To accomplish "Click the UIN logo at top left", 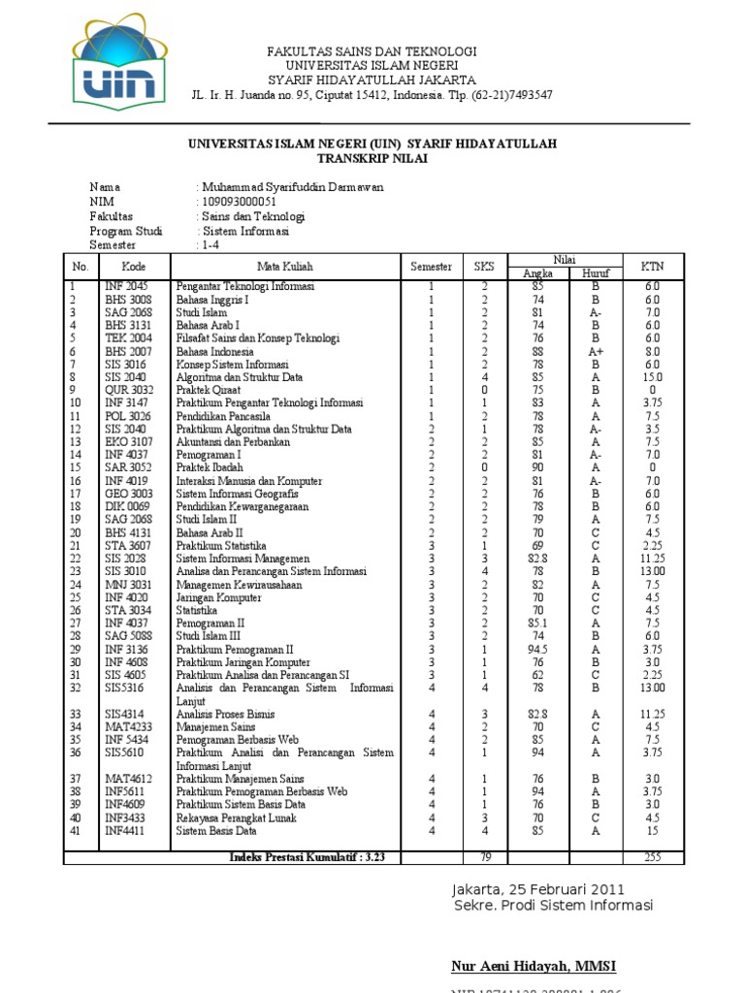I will pyautogui.click(x=113, y=66).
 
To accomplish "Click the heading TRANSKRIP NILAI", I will pyautogui.click(x=372, y=158).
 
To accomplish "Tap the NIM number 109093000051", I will pyautogui.click(x=244, y=202).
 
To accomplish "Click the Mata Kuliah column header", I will pyautogui.click(x=285, y=267).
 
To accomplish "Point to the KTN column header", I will pyautogui.click(x=652, y=267).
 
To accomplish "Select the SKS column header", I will pyautogui.click(x=483, y=267).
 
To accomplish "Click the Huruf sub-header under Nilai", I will pyautogui.click(x=595, y=274).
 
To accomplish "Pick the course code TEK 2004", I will pyautogui.click(x=128, y=339).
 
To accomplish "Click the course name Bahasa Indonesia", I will pyautogui.click(x=213, y=352).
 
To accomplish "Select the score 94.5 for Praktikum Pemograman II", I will pyautogui.click(x=537, y=650).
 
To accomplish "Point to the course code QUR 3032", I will pyautogui.click(x=129, y=391).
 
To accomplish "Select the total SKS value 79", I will pyautogui.click(x=483, y=857).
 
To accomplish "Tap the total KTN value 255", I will pyautogui.click(x=652, y=857).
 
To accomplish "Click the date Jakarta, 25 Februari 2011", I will pyautogui.click(x=537, y=889).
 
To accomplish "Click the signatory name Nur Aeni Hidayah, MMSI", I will pyautogui.click(x=534, y=966).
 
